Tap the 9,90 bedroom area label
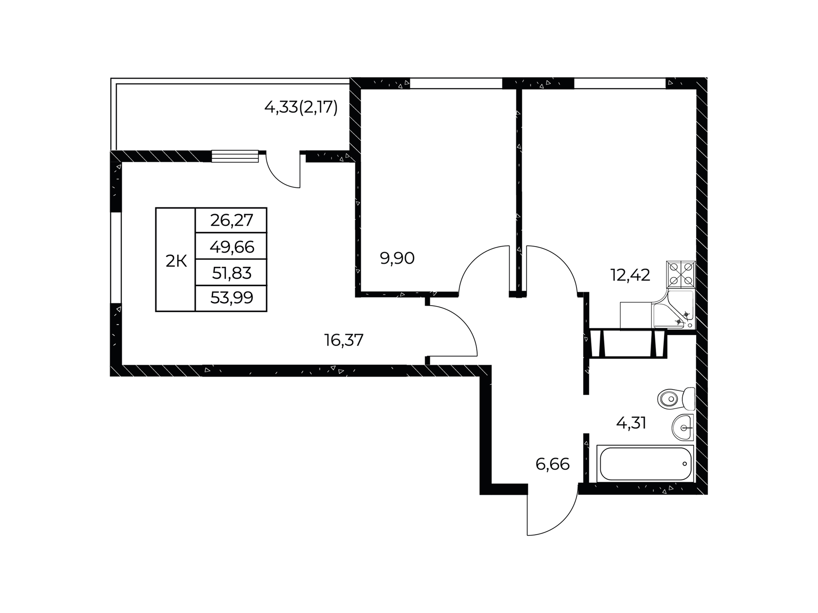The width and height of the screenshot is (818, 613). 397,258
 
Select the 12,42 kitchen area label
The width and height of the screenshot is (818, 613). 630,275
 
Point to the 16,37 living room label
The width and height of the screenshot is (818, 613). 344,340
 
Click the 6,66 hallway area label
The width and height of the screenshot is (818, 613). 552,464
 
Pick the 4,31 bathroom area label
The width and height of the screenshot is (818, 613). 631,423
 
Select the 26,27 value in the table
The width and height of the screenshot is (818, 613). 231,220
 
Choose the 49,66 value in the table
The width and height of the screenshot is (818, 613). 231,246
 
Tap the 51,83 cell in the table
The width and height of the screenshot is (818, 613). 231,272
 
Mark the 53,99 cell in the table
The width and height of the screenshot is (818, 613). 231,298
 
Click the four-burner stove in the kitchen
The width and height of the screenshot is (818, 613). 681,275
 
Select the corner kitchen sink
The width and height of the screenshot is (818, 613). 673,310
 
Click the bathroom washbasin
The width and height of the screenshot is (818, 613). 683,427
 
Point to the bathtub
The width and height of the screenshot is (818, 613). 645,464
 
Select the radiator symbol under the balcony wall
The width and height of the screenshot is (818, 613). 235,156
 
